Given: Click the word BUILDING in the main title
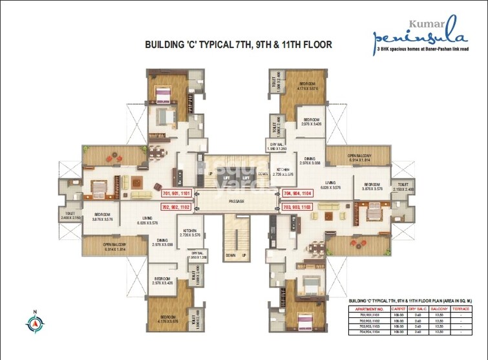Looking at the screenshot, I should pos(170,45).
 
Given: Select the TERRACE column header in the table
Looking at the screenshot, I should pos(461,309).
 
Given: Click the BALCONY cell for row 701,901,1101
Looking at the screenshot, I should pos(437,315).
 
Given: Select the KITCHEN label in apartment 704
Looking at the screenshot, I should pos(280,172).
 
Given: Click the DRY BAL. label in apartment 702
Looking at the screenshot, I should pos(197,255).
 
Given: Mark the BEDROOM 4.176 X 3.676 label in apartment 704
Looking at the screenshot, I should pos(306,87).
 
